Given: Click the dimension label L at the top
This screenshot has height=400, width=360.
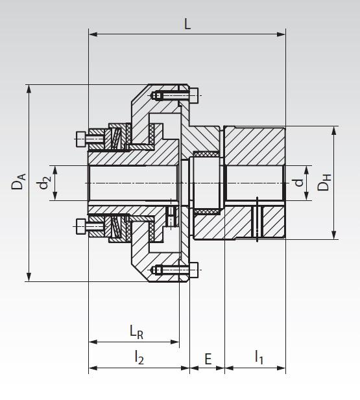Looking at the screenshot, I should tap(187, 25).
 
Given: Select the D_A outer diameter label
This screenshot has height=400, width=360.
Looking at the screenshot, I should tap(18, 182).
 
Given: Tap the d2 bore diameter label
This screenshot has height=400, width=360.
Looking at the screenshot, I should tap(44, 183).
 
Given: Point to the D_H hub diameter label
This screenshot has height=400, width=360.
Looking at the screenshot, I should tap(324, 183).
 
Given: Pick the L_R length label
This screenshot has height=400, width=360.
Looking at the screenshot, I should tap(136, 332).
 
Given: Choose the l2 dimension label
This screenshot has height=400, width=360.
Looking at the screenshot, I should tap(139, 357).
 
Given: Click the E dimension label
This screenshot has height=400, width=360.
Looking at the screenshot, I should tap(208, 358).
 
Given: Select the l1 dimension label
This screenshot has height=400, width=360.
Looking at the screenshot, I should tap(259, 357).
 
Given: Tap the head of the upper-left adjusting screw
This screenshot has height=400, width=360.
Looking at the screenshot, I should tap(80, 137).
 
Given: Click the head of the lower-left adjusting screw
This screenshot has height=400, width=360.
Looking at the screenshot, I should tap(80, 226).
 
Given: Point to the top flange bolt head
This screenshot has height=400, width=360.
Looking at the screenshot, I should tap(195, 96).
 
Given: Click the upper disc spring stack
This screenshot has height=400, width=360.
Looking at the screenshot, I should tap(116, 137).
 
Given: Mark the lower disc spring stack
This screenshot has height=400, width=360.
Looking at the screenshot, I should tap(116, 226).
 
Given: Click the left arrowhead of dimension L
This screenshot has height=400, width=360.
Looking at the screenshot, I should tap(91, 34).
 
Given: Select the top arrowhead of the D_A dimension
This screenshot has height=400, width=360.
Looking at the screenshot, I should tap(29, 88).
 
